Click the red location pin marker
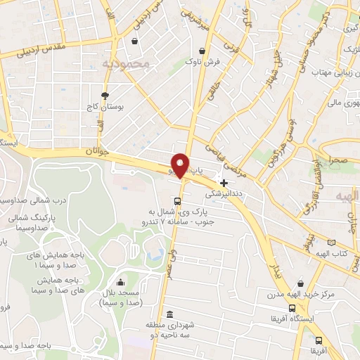coord(181,165)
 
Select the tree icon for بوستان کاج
coord(105,96)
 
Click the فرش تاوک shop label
coord(202,63)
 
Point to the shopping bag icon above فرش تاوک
coord(202,51)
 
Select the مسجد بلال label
coord(117,297)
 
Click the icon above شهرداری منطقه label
coord(169,314)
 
